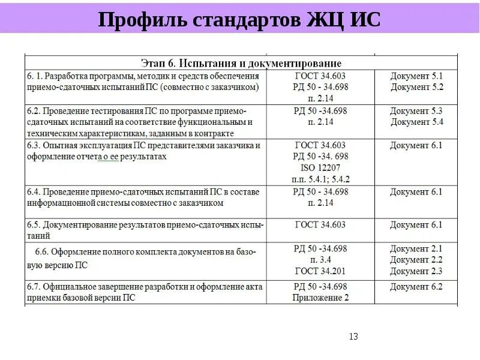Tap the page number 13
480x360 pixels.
(353, 337)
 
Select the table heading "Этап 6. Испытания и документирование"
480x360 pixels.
(241, 63)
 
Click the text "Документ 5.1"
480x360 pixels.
(416, 76)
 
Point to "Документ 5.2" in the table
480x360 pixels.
(416, 87)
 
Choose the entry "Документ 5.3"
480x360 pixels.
(416, 111)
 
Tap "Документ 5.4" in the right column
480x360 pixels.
(416, 122)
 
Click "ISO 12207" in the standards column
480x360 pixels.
(320, 167)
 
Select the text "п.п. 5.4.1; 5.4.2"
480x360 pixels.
(320, 179)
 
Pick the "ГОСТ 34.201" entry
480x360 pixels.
(320, 271)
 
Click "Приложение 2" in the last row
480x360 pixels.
(320, 298)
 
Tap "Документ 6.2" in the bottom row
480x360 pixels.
(416, 287)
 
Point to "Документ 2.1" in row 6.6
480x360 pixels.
(416, 248)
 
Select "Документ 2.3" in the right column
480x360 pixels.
(416, 271)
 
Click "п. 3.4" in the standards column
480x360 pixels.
(320, 260)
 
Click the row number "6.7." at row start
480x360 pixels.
(34, 287)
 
